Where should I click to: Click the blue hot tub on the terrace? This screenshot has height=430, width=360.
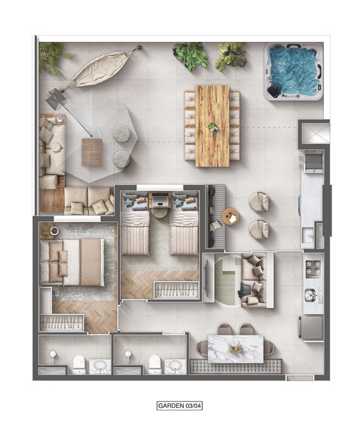click(x=294, y=72)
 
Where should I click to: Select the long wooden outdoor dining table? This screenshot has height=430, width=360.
click(x=212, y=126)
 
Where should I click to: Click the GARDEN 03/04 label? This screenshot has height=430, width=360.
click(x=180, y=406)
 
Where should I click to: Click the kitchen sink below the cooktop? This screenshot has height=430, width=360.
click(x=311, y=295)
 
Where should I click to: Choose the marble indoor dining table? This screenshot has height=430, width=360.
click(x=236, y=349)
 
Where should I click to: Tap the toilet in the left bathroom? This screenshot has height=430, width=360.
click(x=79, y=365)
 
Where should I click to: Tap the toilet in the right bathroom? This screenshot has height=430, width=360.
click(x=154, y=365)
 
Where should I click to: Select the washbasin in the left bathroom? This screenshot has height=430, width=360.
click(x=101, y=366)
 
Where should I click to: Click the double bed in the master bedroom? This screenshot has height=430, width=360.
click(x=72, y=263)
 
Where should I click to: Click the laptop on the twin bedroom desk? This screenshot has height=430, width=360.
click(x=160, y=199)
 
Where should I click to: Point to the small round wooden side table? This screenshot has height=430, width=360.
click(x=231, y=217)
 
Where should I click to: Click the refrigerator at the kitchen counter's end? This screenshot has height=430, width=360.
click(x=311, y=329)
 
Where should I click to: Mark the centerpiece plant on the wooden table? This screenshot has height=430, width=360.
click(x=213, y=128)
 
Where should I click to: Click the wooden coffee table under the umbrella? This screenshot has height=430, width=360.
click(x=92, y=152)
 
